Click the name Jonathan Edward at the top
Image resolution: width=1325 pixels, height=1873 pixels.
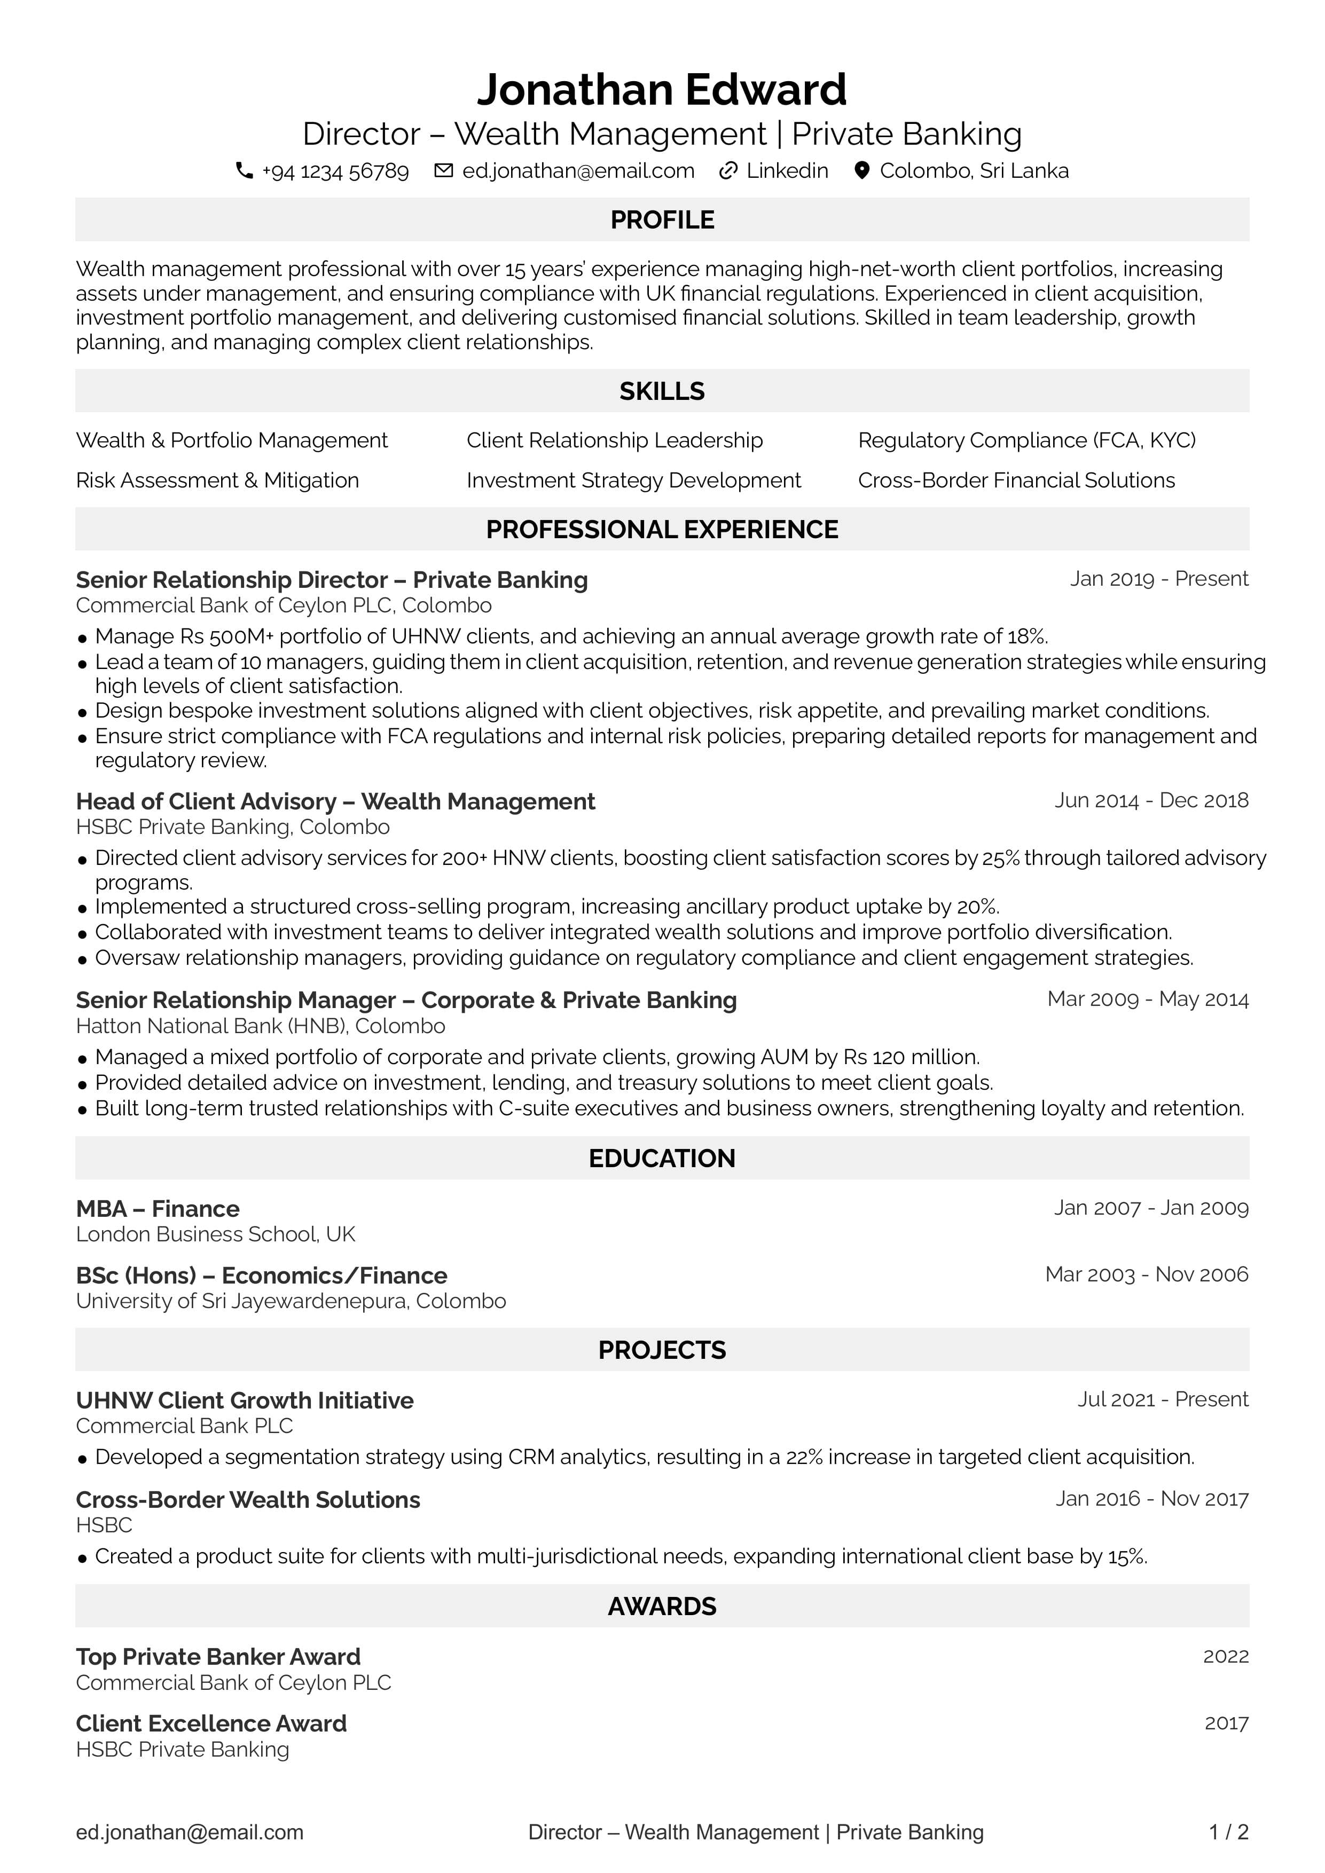[x=662, y=90]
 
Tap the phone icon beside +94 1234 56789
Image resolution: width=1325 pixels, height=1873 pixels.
[x=244, y=170]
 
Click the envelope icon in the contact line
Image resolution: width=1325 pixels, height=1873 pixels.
[x=443, y=170]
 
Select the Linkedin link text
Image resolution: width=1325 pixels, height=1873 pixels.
[x=787, y=170]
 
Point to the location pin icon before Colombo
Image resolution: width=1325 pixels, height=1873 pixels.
[x=861, y=170]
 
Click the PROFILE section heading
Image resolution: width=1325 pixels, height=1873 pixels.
[x=662, y=219]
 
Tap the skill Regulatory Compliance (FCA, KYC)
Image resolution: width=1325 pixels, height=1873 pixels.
[x=1026, y=440]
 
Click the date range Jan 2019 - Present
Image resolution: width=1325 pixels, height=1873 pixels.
[x=1158, y=579]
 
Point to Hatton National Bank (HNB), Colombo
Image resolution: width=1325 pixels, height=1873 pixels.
[x=260, y=1026]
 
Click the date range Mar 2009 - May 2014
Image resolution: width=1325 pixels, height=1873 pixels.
[x=1147, y=1000]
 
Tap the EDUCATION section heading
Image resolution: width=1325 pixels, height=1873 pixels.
[x=662, y=1159]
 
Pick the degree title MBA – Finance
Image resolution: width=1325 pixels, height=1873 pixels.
[x=158, y=1208]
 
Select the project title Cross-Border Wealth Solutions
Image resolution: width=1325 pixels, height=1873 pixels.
[x=248, y=1499]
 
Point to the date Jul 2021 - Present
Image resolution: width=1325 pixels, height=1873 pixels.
[x=1163, y=1400]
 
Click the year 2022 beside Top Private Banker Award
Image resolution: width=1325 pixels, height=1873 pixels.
[x=1226, y=1656]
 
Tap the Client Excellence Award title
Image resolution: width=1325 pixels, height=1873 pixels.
[x=211, y=1723]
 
